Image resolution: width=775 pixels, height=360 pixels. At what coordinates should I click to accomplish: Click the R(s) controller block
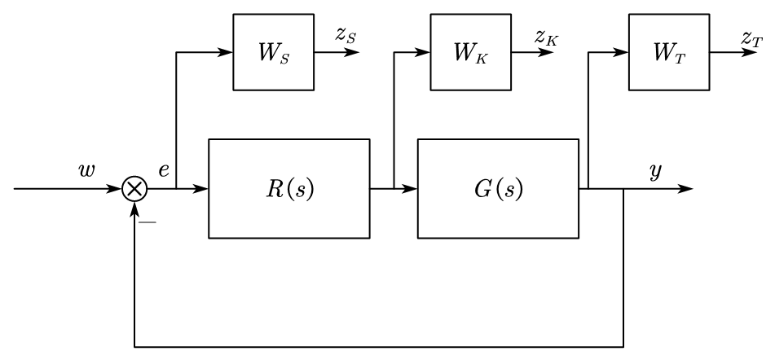pyautogui.click(x=289, y=189)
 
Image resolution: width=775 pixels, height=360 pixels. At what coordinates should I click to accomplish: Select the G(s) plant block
pyautogui.click(x=498, y=189)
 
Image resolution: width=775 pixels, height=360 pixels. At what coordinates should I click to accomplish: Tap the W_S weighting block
pyautogui.click(x=274, y=52)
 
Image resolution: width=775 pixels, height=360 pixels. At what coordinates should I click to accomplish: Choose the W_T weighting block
pyautogui.click(x=669, y=52)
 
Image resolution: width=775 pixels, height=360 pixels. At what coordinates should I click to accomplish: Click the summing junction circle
pyautogui.click(x=134, y=189)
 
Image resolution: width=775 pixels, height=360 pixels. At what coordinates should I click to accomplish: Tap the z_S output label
pyautogui.click(x=344, y=35)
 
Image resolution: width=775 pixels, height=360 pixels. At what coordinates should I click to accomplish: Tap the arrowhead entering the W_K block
pyautogui.click(x=426, y=53)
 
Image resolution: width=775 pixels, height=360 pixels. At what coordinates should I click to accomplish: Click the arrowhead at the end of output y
pyautogui.click(x=688, y=189)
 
